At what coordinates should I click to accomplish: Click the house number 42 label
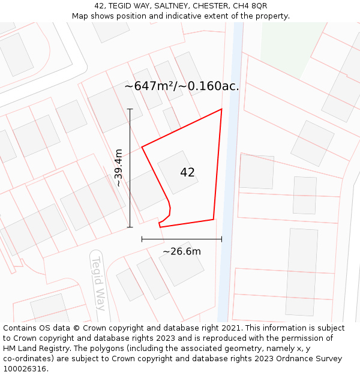[x=187, y=173]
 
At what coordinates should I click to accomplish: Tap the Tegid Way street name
[x=98, y=283]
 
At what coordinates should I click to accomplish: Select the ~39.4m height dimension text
[x=119, y=168]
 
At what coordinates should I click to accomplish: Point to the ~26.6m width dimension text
[x=182, y=251]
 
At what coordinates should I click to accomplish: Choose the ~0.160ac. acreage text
[x=214, y=86]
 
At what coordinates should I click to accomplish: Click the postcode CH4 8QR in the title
[x=248, y=6]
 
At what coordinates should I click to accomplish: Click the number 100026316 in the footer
[x=26, y=369]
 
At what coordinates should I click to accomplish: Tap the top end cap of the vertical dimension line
[x=130, y=109]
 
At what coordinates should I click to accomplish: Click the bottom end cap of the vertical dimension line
[x=130, y=227]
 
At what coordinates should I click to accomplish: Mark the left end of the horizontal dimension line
[x=142, y=239]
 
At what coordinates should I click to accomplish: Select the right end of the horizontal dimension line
[x=221, y=239]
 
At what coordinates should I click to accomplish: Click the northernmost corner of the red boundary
[x=221, y=109]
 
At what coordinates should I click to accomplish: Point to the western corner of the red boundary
[x=142, y=146]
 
